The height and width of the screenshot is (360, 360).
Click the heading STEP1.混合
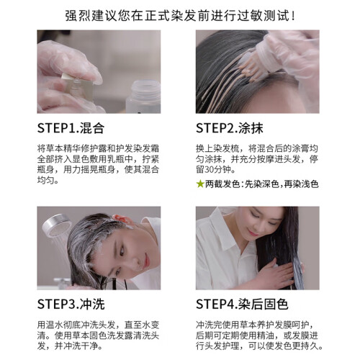pos(71,128)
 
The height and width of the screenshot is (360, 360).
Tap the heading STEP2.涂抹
pos(230,128)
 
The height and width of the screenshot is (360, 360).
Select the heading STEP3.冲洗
pos(71,305)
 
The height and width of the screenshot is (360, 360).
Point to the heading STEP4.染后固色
pos(242,305)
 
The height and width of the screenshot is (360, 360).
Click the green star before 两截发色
pos(200,184)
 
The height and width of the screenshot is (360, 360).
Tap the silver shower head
pos(56,225)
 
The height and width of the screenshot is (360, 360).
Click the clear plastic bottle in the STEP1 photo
pos(143,96)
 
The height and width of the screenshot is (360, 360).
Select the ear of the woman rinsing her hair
pos(120,218)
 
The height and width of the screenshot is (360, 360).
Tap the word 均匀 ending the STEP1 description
pos(46,180)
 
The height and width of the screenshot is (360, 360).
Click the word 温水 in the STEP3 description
pos(55,325)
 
